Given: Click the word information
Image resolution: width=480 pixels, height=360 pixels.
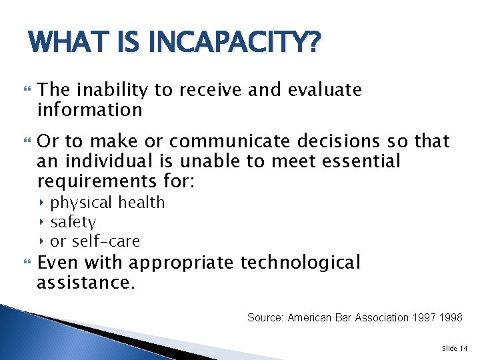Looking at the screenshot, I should click(x=90, y=109).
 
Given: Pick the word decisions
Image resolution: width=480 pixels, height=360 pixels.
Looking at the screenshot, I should click(x=335, y=141).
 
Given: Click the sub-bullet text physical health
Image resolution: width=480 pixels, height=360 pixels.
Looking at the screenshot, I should click(x=107, y=203).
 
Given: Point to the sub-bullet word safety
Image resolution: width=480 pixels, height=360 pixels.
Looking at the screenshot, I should click(x=73, y=222).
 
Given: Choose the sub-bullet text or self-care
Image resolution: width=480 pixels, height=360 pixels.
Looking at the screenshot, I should click(x=95, y=241).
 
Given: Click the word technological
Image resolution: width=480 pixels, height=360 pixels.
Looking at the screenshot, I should click(x=300, y=263).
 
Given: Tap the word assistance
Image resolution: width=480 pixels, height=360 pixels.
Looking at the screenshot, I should click(x=85, y=283).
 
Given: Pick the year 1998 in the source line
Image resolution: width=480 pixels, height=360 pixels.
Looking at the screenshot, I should click(x=451, y=317).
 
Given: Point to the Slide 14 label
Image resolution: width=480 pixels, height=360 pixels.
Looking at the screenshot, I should click(x=455, y=348).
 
